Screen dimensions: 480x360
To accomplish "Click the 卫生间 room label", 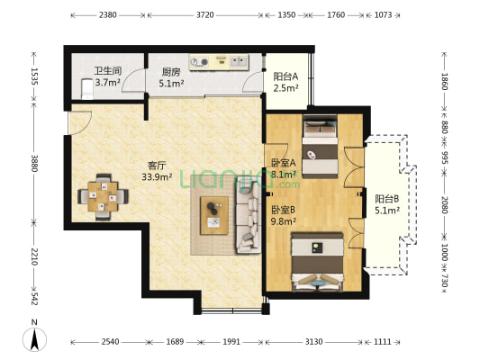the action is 107,71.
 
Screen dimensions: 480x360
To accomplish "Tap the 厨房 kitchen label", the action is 171,72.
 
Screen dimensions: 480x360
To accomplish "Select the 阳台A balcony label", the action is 285,76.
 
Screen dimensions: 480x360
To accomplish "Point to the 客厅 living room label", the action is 157,166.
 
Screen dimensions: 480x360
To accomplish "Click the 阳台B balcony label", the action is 387,199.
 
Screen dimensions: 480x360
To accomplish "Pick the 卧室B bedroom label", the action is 283,210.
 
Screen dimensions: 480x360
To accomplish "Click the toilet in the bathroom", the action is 87,89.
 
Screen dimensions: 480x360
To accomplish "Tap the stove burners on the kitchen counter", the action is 199,62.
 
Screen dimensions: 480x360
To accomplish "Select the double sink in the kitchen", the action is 239,62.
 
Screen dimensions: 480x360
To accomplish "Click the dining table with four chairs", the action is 104,197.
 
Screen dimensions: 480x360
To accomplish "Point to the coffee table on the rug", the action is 214,215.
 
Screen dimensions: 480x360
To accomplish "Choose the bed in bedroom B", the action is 317,262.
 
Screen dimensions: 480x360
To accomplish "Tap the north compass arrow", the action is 34,339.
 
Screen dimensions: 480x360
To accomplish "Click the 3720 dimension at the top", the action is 205,14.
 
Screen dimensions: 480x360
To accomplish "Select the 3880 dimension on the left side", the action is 34,164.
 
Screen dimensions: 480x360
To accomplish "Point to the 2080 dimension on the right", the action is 445,205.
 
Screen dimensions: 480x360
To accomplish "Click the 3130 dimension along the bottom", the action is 313,341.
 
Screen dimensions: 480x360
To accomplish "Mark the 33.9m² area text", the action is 157,176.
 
